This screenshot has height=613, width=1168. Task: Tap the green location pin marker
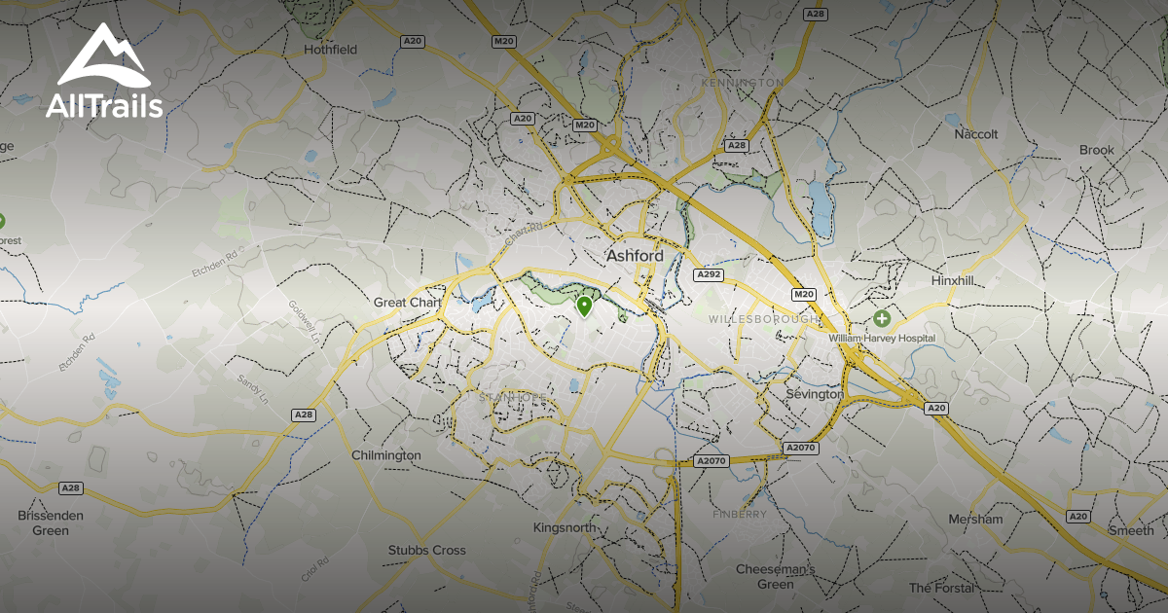tap(584, 307)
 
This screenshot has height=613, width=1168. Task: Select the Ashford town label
tap(635, 256)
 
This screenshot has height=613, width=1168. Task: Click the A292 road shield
tap(708, 275)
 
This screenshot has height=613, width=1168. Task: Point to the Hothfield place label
tap(331, 49)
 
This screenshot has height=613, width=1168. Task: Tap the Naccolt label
tap(976, 133)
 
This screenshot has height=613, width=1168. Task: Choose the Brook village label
tap(1096, 150)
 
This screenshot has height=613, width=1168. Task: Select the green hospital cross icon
tap(882, 318)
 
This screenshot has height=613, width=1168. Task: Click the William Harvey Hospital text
tap(882, 338)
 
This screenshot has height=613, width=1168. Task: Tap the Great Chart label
tap(408, 303)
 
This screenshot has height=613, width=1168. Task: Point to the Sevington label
tap(815, 394)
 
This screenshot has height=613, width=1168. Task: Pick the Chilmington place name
tap(385, 455)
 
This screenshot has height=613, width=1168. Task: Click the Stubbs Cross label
tap(426, 550)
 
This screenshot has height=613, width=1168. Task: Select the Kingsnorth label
tap(565, 527)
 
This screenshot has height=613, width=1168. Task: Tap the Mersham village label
tap(975, 519)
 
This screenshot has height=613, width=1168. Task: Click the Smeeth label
tap(1132, 530)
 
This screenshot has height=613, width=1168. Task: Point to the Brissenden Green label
tap(51, 523)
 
